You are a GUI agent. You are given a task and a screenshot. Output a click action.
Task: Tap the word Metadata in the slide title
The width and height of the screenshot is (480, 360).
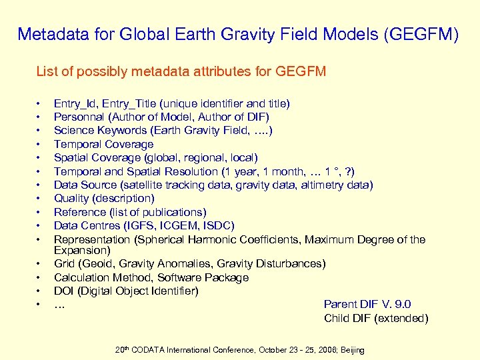[x=49, y=34]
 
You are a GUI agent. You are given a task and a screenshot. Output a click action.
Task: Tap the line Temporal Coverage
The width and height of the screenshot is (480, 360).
[x=103, y=144]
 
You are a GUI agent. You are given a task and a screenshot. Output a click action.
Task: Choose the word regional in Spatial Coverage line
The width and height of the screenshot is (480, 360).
[x=204, y=157]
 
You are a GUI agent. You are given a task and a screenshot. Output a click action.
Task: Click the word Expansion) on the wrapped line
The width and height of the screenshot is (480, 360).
[x=82, y=250]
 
